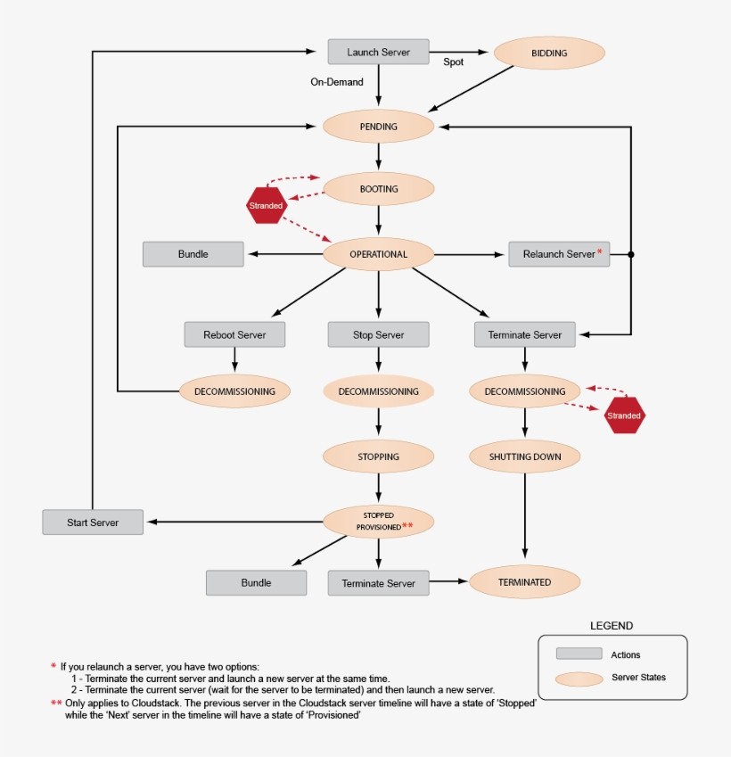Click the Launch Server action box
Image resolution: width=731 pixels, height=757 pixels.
click(378, 52)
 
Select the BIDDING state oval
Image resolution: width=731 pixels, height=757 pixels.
click(549, 53)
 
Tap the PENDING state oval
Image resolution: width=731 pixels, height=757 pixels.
click(378, 127)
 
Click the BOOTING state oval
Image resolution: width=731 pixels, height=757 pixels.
click(378, 189)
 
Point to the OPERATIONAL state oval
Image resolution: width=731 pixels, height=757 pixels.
click(378, 254)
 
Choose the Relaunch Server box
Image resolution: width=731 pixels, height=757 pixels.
click(559, 254)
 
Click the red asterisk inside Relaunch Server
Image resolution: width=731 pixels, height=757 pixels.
click(600, 252)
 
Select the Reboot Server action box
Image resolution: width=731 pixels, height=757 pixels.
click(234, 334)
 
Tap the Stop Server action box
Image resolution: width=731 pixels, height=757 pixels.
click(378, 334)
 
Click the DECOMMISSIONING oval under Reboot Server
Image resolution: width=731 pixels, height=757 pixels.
click(234, 391)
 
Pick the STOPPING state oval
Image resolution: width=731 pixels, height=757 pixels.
click(378, 457)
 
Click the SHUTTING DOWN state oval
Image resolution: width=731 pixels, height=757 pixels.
click(524, 457)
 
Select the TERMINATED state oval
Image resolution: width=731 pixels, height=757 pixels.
click(524, 582)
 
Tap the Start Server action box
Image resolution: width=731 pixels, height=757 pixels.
click(93, 522)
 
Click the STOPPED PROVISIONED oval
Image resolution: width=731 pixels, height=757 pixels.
click(378, 521)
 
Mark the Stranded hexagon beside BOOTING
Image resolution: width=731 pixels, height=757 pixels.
click(266, 206)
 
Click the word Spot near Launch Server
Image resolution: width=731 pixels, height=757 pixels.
click(453, 62)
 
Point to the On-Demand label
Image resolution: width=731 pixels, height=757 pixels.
click(337, 82)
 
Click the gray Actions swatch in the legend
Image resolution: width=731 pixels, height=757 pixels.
click(578, 654)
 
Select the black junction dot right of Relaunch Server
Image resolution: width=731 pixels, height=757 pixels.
click(631, 254)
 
